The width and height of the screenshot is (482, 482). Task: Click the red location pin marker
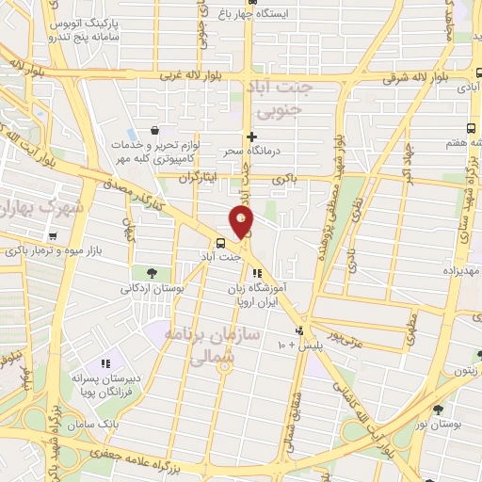pos(242,221)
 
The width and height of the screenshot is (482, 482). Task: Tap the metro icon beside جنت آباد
pos(220,242)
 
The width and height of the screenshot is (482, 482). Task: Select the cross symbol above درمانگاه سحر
pos(251,137)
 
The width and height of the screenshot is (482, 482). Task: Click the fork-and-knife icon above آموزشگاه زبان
pos(257,273)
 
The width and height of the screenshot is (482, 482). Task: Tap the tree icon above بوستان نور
pos(438,410)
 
